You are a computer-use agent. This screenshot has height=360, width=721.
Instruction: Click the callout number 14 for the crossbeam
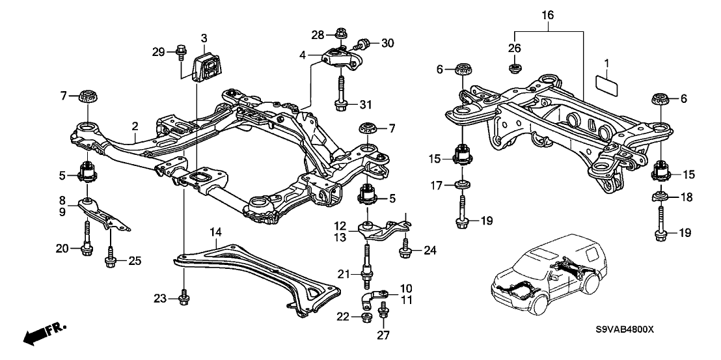pos(215,232)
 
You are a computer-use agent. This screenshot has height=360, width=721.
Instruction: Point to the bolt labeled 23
pos(184,298)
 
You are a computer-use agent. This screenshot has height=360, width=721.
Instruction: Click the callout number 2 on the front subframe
pos(135,126)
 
